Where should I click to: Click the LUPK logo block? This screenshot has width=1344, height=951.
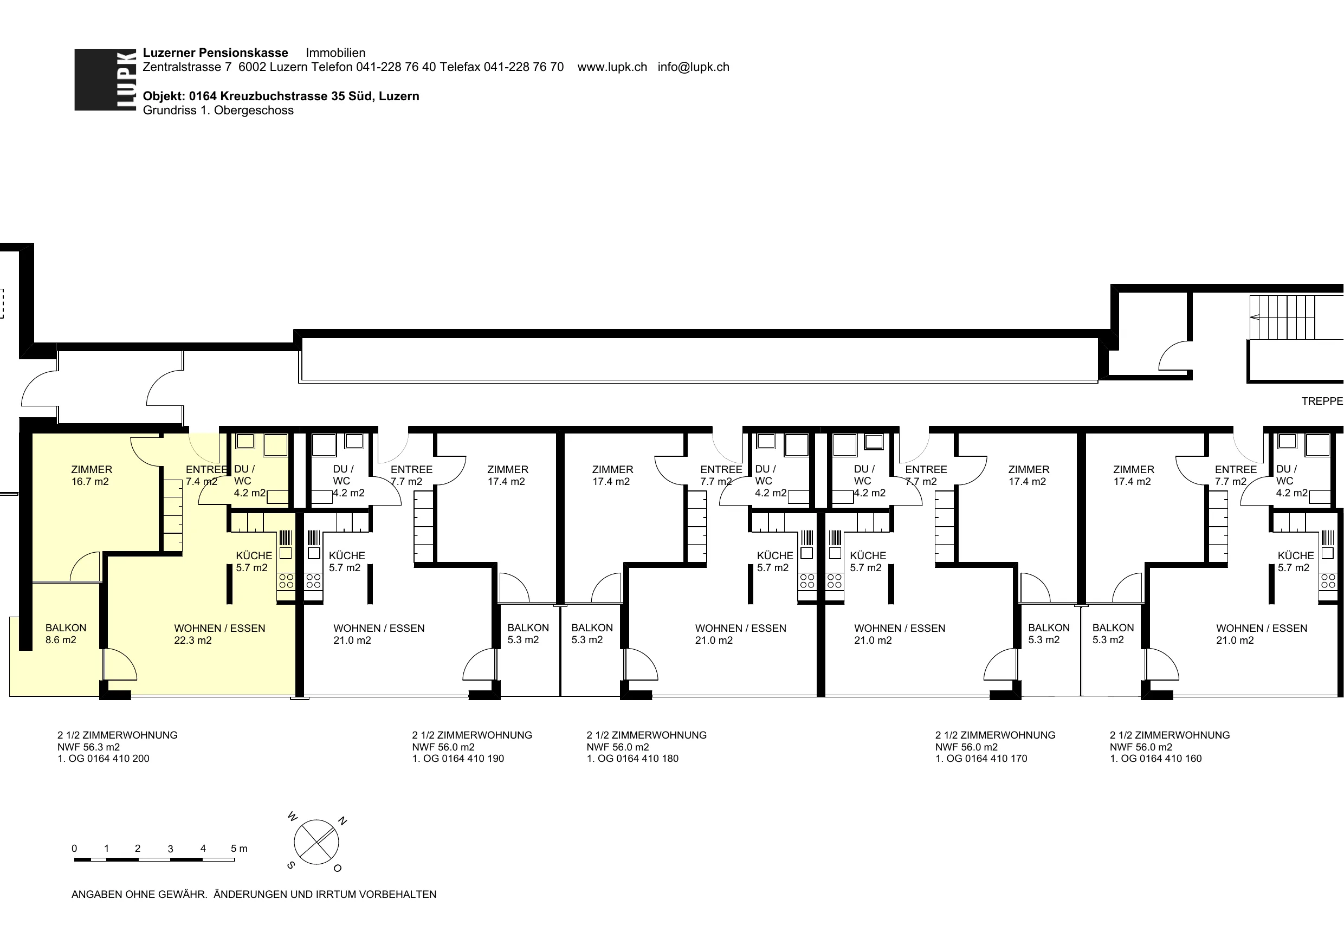click(106, 80)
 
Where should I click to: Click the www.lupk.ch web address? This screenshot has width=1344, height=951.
click(612, 67)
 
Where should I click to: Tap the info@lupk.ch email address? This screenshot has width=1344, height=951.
click(693, 67)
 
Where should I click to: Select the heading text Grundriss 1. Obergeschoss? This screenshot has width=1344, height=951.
click(218, 111)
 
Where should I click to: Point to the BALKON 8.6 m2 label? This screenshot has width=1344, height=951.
click(66, 633)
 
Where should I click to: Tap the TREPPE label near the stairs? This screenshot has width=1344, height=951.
click(1322, 401)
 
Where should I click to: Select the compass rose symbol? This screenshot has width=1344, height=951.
click(316, 842)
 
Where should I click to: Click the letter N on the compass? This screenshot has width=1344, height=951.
click(343, 821)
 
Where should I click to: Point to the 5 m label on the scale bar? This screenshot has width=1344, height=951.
click(239, 849)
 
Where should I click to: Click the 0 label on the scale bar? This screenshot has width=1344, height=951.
click(74, 849)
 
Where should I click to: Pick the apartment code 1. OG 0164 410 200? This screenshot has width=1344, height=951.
click(103, 758)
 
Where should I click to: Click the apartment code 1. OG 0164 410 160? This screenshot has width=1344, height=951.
click(1155, 758)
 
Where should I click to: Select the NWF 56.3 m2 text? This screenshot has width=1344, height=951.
click(88, 747)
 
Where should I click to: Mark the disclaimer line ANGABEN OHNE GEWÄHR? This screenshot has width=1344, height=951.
click(139, 894)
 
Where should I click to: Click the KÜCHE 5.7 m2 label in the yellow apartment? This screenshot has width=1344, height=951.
click(254, 561)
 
